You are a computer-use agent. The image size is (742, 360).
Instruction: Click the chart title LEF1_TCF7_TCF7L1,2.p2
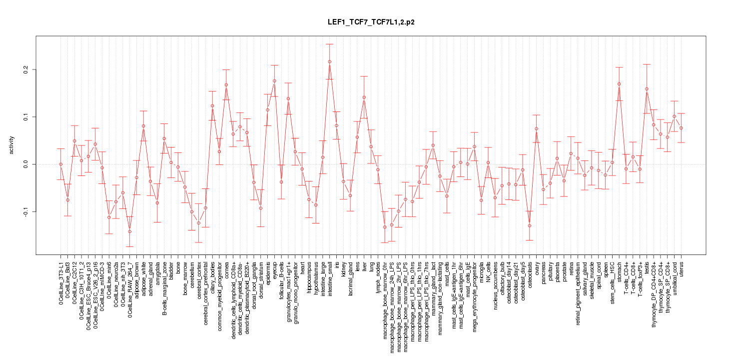371,22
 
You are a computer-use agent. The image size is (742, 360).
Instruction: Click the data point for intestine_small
329,61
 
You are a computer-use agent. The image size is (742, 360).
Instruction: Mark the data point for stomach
619,84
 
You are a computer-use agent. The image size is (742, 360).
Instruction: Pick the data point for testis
647,89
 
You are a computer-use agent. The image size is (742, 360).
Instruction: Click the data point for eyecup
274,81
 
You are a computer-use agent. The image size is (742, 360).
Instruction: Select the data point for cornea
226,84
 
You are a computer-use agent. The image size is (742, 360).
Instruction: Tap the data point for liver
364,97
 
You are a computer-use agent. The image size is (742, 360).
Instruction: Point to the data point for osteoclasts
529,225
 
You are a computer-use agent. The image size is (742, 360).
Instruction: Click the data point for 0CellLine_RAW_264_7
129,231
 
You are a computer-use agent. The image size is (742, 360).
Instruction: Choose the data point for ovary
536,128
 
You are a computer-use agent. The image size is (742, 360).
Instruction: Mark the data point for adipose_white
143,126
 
